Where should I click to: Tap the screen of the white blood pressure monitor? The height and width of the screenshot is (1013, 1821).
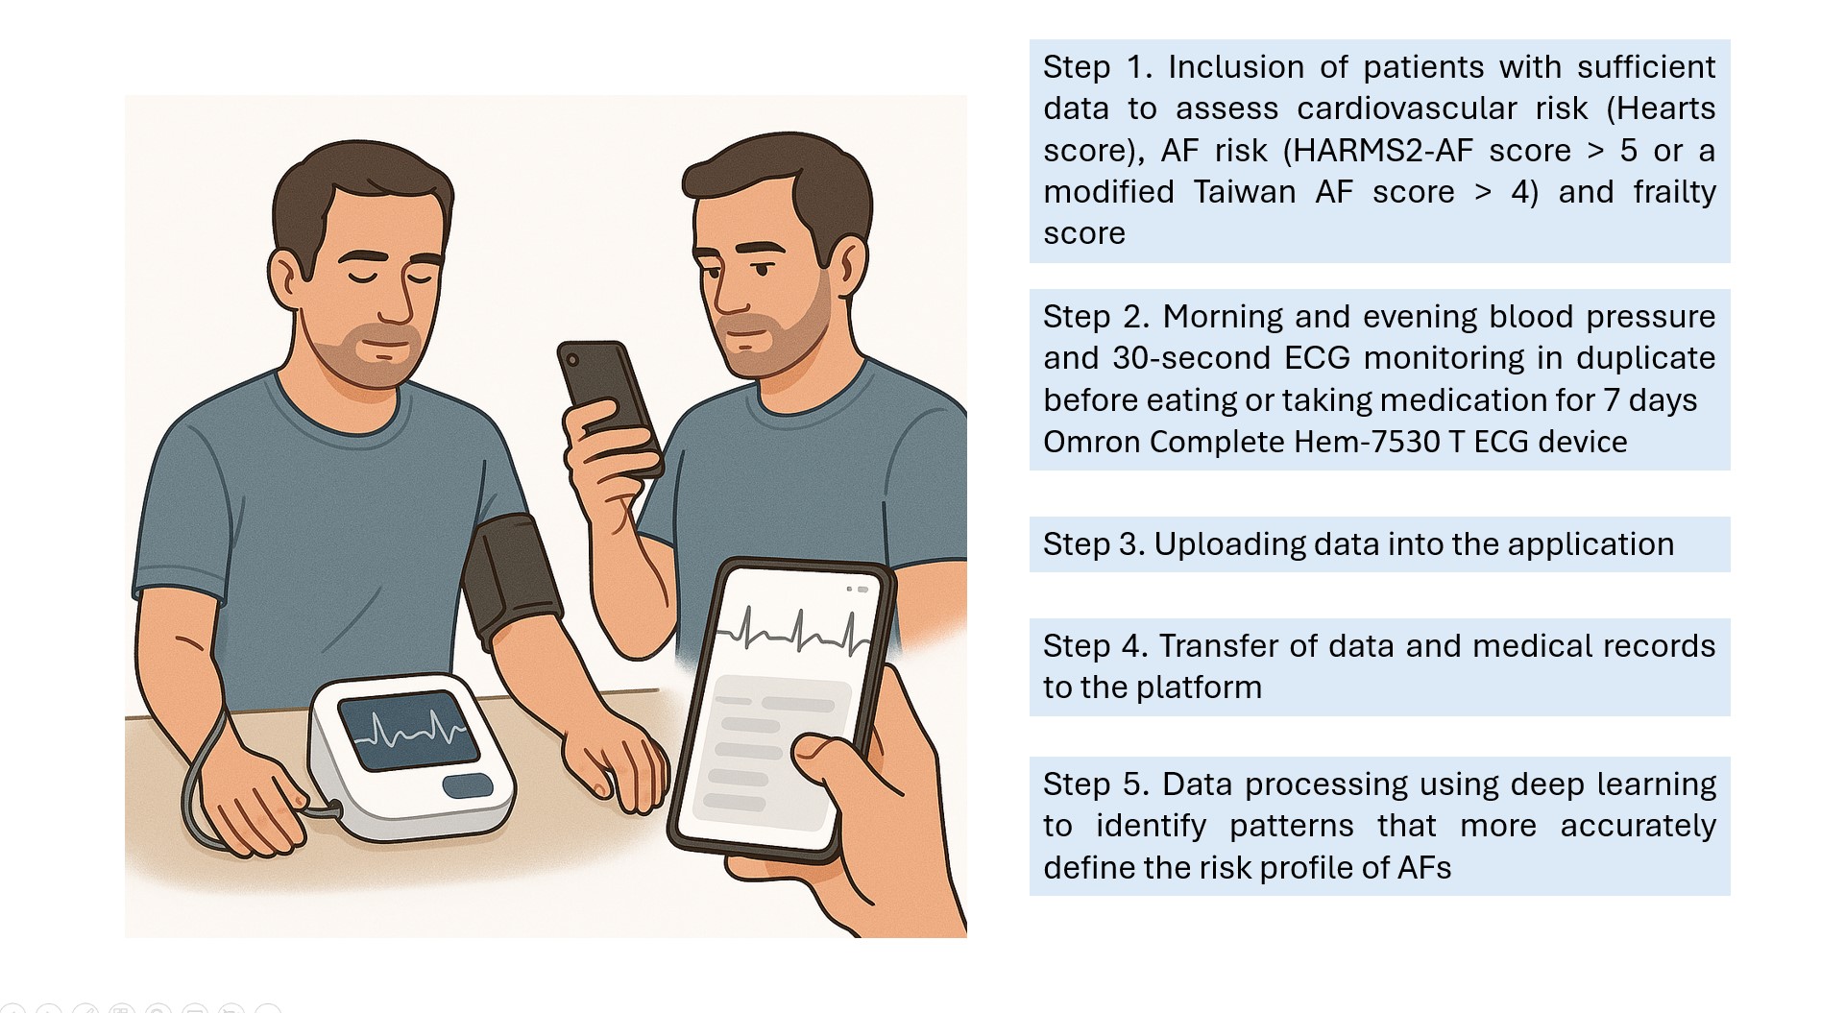408,730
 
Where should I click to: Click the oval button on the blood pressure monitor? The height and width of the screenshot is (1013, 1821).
468,785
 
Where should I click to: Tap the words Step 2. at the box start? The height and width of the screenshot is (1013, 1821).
1096,318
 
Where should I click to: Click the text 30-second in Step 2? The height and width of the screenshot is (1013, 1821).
1189,358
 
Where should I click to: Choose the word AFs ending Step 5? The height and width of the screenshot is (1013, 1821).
1424,868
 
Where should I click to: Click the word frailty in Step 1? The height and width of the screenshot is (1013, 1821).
1675,192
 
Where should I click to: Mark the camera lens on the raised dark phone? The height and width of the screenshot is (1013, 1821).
573,360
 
